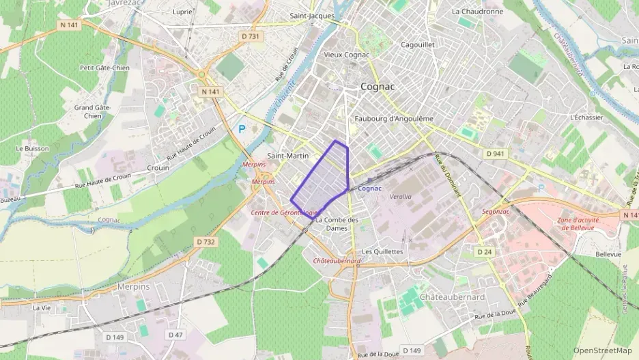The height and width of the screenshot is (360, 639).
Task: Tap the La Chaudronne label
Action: coord(477,12)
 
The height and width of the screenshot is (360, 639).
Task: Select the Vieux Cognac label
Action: coord(346,55)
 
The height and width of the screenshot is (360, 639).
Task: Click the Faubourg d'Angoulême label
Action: coord(394,118)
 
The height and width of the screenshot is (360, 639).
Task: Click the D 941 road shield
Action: coord(494,154)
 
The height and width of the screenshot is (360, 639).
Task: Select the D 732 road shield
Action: coord(205,241)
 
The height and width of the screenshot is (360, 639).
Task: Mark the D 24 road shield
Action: coord(485,252)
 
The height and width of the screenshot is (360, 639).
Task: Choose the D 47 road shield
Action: coord(175,335)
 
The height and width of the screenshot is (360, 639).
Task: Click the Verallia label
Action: coord(400,196)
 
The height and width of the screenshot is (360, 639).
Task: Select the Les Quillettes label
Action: coord(383,251)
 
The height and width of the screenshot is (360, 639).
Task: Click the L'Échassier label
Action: coord(586,117)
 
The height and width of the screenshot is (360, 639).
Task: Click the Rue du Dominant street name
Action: coord(448,176)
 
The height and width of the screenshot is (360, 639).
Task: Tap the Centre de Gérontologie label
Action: coord(285,212)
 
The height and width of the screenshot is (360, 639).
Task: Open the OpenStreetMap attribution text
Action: coord(602,350)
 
